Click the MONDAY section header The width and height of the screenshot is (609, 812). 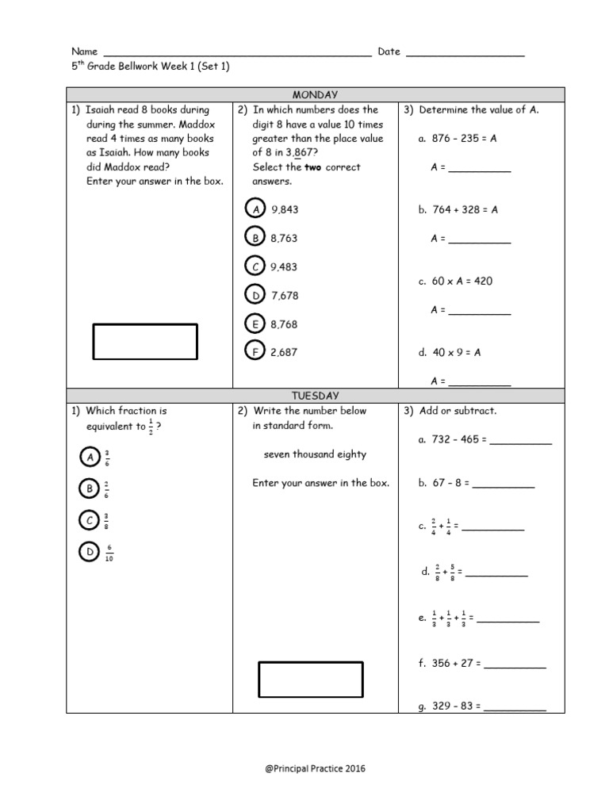click(315, 94)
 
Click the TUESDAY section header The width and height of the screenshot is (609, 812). click(315, 395)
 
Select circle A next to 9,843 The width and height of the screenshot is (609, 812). click(255, 209)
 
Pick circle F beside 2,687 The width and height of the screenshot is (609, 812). click(255, 352)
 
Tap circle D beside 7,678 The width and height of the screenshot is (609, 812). click(255, 295)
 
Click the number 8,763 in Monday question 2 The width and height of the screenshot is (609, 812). click(284, 238)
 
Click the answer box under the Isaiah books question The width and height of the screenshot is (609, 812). click(146, 341)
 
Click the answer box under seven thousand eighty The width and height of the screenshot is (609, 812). click(310, 680)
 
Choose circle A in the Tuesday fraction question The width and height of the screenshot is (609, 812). click(90, 458)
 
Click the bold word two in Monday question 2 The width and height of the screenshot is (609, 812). click(313, 167)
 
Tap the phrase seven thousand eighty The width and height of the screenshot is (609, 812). click(315, 454)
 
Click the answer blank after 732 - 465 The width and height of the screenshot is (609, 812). click(520, 440)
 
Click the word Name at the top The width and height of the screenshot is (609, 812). click(84, 52)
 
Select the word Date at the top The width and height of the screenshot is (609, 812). click(389, 52)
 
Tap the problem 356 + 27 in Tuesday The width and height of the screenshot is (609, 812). click(449, 663)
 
